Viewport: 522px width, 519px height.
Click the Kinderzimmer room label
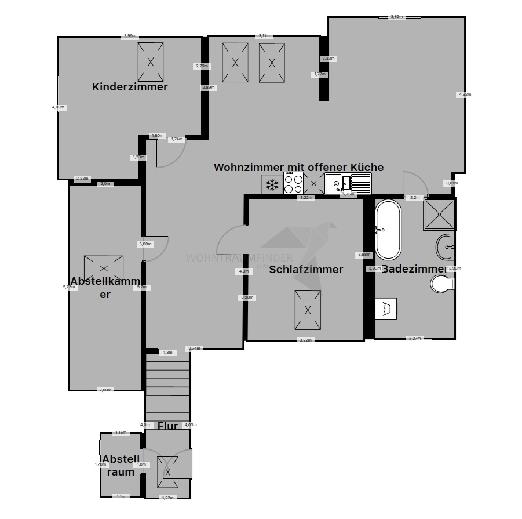130,87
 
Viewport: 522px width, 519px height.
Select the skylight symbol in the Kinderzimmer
150,61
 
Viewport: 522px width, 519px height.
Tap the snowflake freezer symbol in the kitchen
272,185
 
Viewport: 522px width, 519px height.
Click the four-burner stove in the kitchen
293,184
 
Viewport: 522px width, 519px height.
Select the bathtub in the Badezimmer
388,230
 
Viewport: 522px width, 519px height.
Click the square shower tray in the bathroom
439,215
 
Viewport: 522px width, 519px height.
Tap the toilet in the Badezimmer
443,284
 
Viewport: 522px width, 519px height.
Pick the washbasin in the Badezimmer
446,247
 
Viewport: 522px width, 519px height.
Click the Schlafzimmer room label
306,270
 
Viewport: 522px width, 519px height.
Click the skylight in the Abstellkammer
104,268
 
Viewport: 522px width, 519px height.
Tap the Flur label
167,426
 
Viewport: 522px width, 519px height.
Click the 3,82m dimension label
396,17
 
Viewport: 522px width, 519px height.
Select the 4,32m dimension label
464,94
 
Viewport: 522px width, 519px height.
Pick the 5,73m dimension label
70,286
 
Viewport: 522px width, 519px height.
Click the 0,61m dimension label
451,183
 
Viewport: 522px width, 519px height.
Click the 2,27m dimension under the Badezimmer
415,338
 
